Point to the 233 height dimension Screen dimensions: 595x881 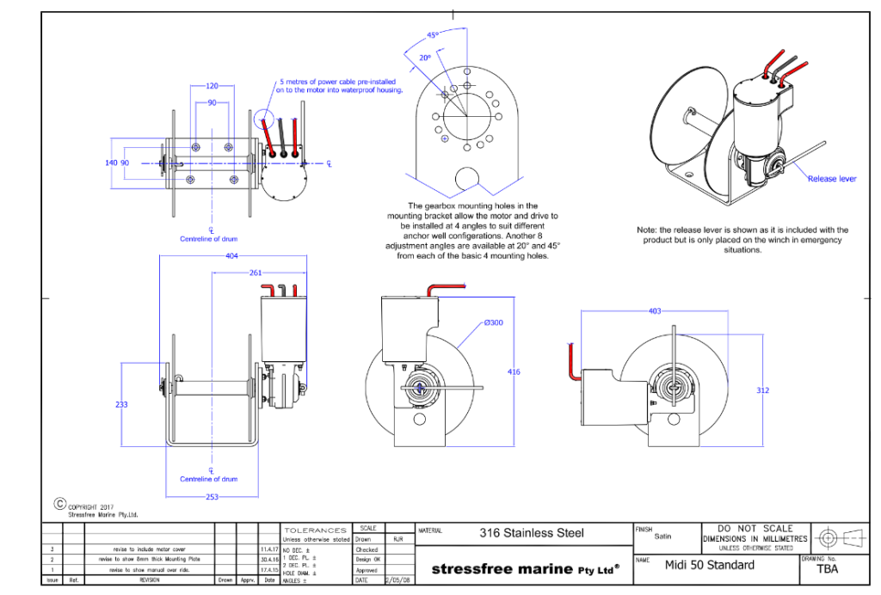coord(121,403)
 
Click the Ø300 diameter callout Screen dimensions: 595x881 coord(493,322)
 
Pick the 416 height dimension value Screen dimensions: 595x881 coord(513,372)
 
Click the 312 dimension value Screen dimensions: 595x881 coord(762,390)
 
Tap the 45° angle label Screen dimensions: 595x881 coord(433,35)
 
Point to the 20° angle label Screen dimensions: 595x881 coord(425,58)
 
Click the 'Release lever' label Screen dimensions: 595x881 coord(831,179)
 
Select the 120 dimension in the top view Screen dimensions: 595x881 coord(213,86)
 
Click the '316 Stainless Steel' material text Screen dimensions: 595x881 coord(531,533)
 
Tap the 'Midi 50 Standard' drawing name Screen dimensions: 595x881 coord(709,565)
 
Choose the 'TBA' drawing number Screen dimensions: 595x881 coord(827,569)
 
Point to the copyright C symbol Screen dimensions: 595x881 coord(60,504)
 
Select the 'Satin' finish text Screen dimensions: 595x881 coord(662,537)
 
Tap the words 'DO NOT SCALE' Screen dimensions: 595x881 coord(755,529)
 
